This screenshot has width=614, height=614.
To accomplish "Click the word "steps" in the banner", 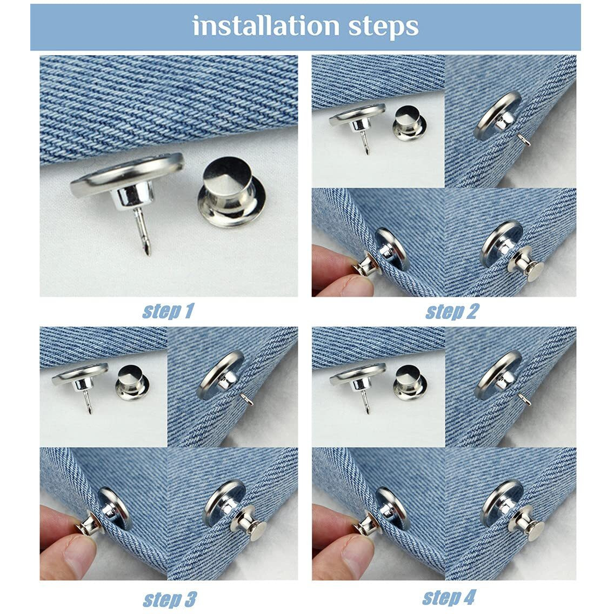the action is [383, 28].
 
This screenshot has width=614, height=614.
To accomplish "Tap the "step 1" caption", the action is [168, 311].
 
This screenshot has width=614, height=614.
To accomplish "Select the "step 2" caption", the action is [452, 312].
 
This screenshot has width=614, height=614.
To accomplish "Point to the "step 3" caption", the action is [170, 599].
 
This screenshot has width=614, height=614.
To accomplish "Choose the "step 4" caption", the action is [449, 598].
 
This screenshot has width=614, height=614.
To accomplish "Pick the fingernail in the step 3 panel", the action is [81, 546].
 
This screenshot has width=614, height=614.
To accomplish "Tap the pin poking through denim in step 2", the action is [524, 139].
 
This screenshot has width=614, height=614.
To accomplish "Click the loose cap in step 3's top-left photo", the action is [132, 382].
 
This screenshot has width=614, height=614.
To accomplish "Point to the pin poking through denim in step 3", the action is [248, 399].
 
